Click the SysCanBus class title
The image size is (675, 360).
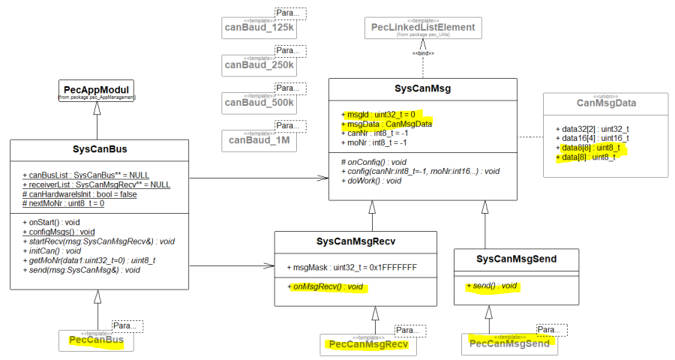(99, 149)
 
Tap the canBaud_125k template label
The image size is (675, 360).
(259, 28)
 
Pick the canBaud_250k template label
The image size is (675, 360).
(259, 66)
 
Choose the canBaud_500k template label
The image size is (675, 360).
(259, 103)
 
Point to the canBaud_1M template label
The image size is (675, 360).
(259, 139)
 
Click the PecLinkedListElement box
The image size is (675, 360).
(424, 28)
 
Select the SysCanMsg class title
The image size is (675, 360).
(423, 88)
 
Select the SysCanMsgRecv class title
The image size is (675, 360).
(355, 241)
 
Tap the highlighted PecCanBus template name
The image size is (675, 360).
(97, 340)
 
